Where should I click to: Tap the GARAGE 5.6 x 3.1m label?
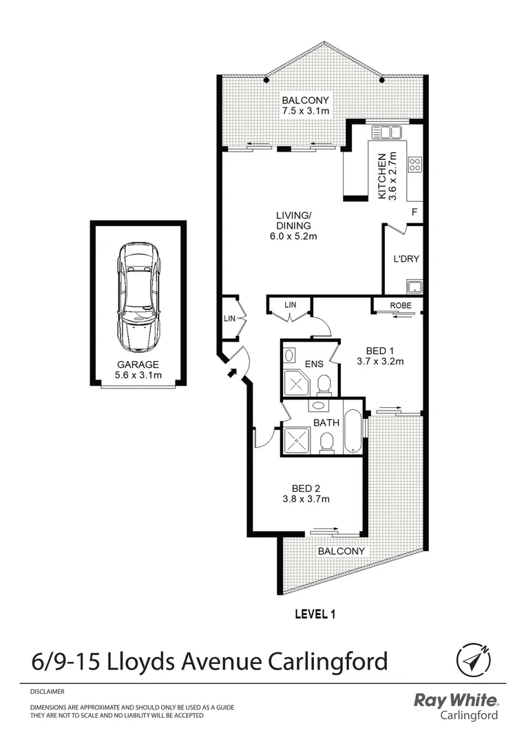[138, 370]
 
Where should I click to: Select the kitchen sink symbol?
[386, 132]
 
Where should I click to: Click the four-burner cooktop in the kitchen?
[415, 164]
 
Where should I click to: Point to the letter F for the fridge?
[414, 211]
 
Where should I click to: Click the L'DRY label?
[406, 260]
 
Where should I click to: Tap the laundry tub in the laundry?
[413, 286]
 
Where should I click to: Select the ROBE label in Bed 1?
[400, 305]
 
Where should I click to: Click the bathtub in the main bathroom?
[352, 433]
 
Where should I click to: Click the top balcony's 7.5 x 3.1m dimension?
[305, 110]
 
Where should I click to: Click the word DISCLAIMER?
[48, 690]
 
